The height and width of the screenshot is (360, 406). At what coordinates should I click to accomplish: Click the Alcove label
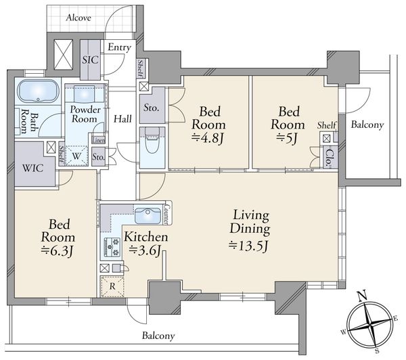point(78,18)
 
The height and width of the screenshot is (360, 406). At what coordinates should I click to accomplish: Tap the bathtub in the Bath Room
point(38,91)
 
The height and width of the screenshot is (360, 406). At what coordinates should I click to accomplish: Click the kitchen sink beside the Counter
point(148,216)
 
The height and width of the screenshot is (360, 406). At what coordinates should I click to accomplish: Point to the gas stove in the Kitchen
point(112,247)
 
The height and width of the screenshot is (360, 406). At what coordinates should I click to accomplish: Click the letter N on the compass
point(362,295)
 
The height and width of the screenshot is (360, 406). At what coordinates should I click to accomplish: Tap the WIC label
point(33,168)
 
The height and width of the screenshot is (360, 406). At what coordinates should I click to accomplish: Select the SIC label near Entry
point(90,60)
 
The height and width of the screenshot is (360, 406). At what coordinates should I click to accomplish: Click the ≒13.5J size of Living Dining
point(248,246)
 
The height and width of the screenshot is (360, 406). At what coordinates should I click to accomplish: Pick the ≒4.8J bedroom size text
point(208,139)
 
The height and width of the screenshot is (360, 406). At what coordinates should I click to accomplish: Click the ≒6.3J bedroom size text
point(58,250)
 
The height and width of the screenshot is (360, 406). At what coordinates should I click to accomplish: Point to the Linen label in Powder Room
point(98,140)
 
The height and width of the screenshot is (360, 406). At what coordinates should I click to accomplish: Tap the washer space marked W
point(76,156)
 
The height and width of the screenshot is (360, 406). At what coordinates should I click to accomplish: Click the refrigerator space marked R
point(112,286)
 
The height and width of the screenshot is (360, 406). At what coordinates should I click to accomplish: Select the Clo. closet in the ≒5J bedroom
point(329,158)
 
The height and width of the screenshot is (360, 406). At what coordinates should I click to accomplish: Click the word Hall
point(122,119)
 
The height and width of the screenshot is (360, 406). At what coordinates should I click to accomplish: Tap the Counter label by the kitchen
point(168,215)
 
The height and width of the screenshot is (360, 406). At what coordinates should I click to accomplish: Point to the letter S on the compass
point(378,351)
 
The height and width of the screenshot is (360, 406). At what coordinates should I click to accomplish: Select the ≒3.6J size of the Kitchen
point(145,250)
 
